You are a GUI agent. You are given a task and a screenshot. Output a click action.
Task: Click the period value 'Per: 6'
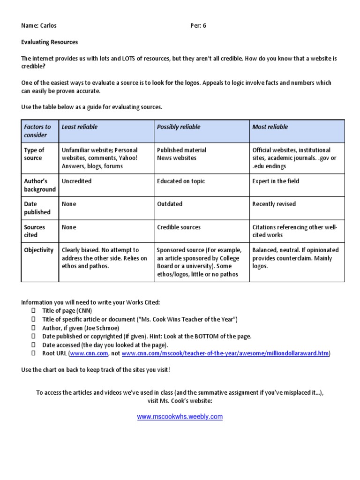[198, 26]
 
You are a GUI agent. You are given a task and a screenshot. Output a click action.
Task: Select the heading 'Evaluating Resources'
[50, 42]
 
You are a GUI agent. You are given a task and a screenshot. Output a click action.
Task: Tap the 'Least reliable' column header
[80, 127]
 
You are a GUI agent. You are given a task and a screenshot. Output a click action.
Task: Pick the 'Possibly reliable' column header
[179, 127]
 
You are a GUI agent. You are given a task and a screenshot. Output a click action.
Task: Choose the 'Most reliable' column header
[270, 127]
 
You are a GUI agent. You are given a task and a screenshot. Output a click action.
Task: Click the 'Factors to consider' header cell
[37, 131]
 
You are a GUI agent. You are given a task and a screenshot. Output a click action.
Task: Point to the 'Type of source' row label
[34, 154]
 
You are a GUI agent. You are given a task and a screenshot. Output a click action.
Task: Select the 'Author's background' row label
[39, 185]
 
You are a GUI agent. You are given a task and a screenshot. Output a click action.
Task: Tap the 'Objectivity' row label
[39, 250]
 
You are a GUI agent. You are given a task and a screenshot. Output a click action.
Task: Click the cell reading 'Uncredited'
[77, 181]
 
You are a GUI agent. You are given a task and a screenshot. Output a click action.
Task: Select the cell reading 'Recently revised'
[274, 204]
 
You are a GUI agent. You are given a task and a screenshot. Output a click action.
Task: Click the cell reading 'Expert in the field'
[276, 181]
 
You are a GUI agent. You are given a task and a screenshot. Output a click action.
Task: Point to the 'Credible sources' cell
[179, 227]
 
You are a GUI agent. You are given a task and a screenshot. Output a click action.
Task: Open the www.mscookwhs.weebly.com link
[180, 417]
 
